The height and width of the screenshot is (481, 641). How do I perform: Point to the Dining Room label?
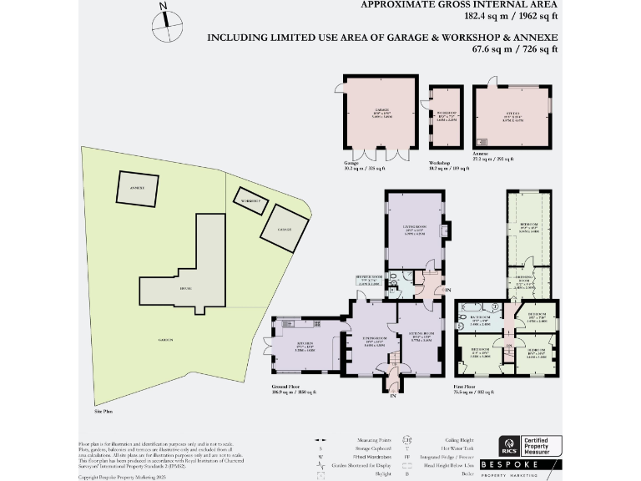374,342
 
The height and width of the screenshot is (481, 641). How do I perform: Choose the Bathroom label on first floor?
480,317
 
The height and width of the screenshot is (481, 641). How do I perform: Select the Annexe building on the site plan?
137,188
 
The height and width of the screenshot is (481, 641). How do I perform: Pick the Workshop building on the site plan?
250,201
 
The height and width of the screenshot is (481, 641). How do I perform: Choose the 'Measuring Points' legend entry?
349,440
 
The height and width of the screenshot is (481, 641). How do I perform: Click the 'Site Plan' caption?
103,412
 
